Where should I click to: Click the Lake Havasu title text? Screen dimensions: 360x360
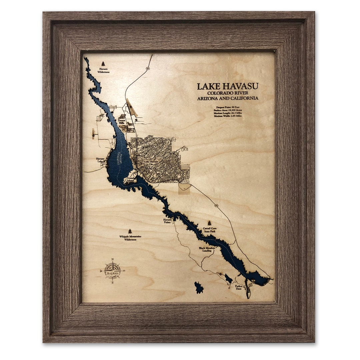227,86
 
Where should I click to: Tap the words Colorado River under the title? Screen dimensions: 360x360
227,93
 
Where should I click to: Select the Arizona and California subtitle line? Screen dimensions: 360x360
227,98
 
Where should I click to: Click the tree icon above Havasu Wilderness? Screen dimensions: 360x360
103,63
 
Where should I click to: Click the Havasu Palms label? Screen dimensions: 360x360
167,221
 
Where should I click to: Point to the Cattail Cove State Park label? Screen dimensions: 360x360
210,230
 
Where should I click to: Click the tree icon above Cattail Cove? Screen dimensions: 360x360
209,223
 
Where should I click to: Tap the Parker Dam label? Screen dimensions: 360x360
238,287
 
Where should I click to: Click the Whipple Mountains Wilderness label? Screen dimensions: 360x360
130,238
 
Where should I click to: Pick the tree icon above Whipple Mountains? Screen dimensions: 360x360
130,231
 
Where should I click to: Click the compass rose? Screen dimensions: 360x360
113,271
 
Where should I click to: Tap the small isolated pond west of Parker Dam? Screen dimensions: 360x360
199,288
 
